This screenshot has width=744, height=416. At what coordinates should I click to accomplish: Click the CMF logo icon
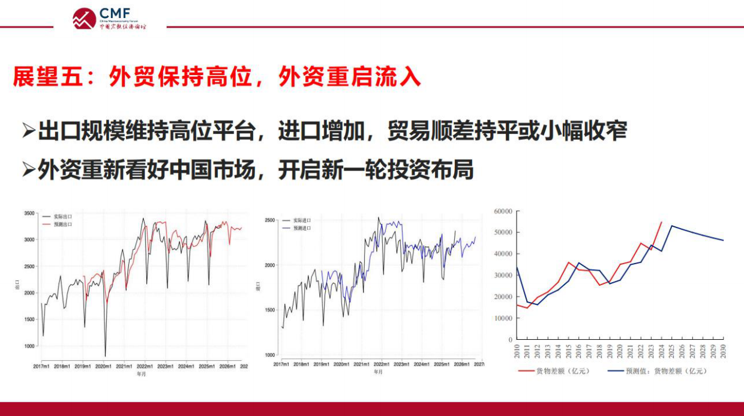[x=84, y=18]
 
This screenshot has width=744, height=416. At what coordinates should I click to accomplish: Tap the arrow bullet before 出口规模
[x=28, y=130]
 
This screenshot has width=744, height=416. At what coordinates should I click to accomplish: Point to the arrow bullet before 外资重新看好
[x=28, y=170]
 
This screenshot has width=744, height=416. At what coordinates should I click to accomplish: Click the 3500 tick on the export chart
[x=29, y=213]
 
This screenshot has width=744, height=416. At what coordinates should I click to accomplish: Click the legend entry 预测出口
[x=63, y=224]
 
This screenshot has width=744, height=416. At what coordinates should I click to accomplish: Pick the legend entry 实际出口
[x=63, y=216]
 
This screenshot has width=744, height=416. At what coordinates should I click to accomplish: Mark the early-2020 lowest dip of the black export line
[x=105, y=356]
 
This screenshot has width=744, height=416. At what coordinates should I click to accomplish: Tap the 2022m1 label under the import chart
[x=381, y=364]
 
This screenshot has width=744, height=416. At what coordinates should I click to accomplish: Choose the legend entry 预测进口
[x=302, y=229]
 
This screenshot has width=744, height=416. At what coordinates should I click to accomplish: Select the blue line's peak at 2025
[x=672, y=226]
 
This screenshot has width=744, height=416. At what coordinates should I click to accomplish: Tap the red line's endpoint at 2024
[x=661, y=222]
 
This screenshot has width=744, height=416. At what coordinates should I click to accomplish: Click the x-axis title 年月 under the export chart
[x=140, y=373]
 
